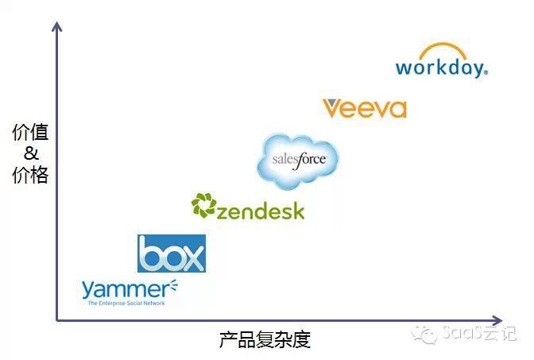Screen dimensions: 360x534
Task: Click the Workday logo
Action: [x=441, y=62]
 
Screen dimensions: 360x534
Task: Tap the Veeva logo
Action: [x=364, y=108]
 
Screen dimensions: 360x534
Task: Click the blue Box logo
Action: [x=171, y=254]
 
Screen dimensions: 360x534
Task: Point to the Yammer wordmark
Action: [x=123, y=288]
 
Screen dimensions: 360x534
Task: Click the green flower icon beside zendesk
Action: [x=203, y=206]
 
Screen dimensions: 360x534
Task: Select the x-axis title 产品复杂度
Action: [x=265, y=340]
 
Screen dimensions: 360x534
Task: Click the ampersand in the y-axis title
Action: [x=31, y=153]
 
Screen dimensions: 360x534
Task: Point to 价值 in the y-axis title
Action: [x=31, y=133]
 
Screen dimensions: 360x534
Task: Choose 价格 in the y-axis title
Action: [x=31, y=175]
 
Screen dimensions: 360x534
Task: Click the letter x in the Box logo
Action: [x=191, y=256]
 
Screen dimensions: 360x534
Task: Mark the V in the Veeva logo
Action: [x=332, y=108]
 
